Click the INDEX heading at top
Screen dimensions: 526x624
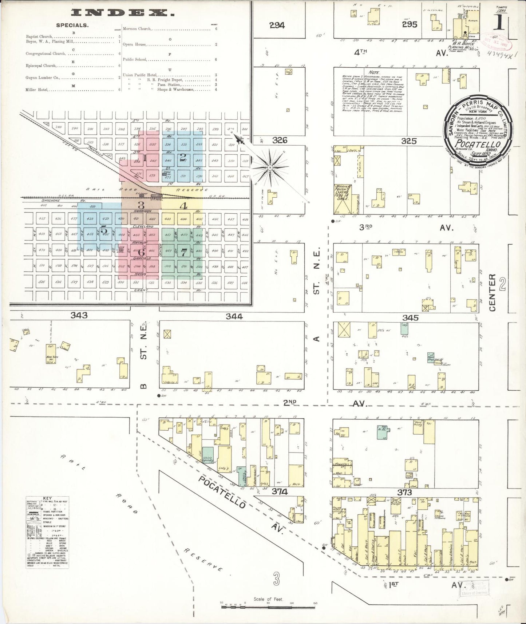[x=123, y=13]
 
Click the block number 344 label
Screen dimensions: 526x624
[x=234, y=316]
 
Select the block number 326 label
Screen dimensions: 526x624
[x=279, y=140]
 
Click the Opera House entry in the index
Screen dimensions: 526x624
[x=135, y=44]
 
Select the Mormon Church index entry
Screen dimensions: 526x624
[x=137, y=29]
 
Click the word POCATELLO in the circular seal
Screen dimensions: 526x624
[x=478, y=145]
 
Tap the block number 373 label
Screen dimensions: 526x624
[x=404, y=492]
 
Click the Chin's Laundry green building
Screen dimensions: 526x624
[x=208, y=458]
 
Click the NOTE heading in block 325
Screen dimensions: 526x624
[x=374, y=72]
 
